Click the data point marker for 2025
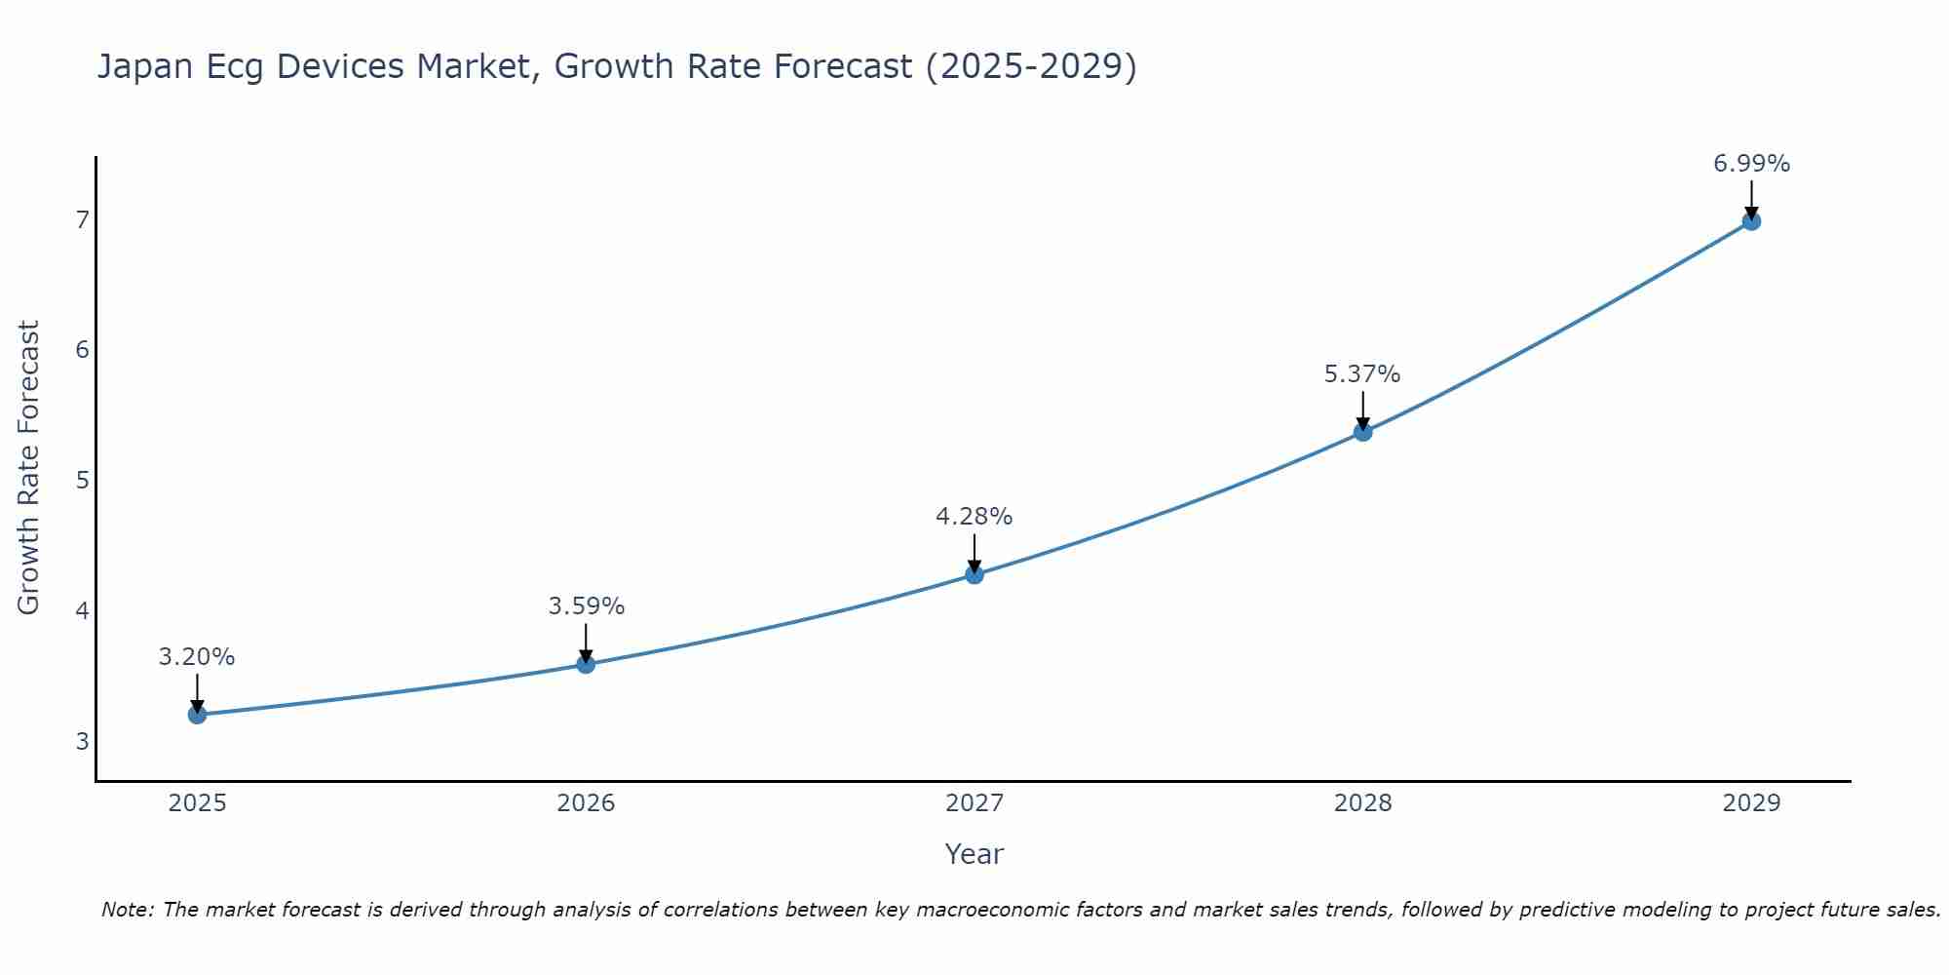point(197,715)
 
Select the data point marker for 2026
point(586,664)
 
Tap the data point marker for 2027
point(974,574)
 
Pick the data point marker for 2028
point(1362,432)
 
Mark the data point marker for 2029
point(1751,221)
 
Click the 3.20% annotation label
point(197,657)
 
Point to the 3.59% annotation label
point(586,606)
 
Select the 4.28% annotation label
point(974,517)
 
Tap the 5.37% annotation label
point(1362,374)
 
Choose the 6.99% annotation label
point(1751,164)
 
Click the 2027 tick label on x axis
point(974,803)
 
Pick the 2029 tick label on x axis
point(1751,803)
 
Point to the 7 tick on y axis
point(82,219)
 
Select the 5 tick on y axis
point(82,480)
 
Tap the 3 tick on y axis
point(82,741)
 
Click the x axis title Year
point(974,854)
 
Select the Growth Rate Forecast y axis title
point(29,468)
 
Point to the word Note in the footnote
point(127,910)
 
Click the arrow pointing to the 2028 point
point(1362,410)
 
